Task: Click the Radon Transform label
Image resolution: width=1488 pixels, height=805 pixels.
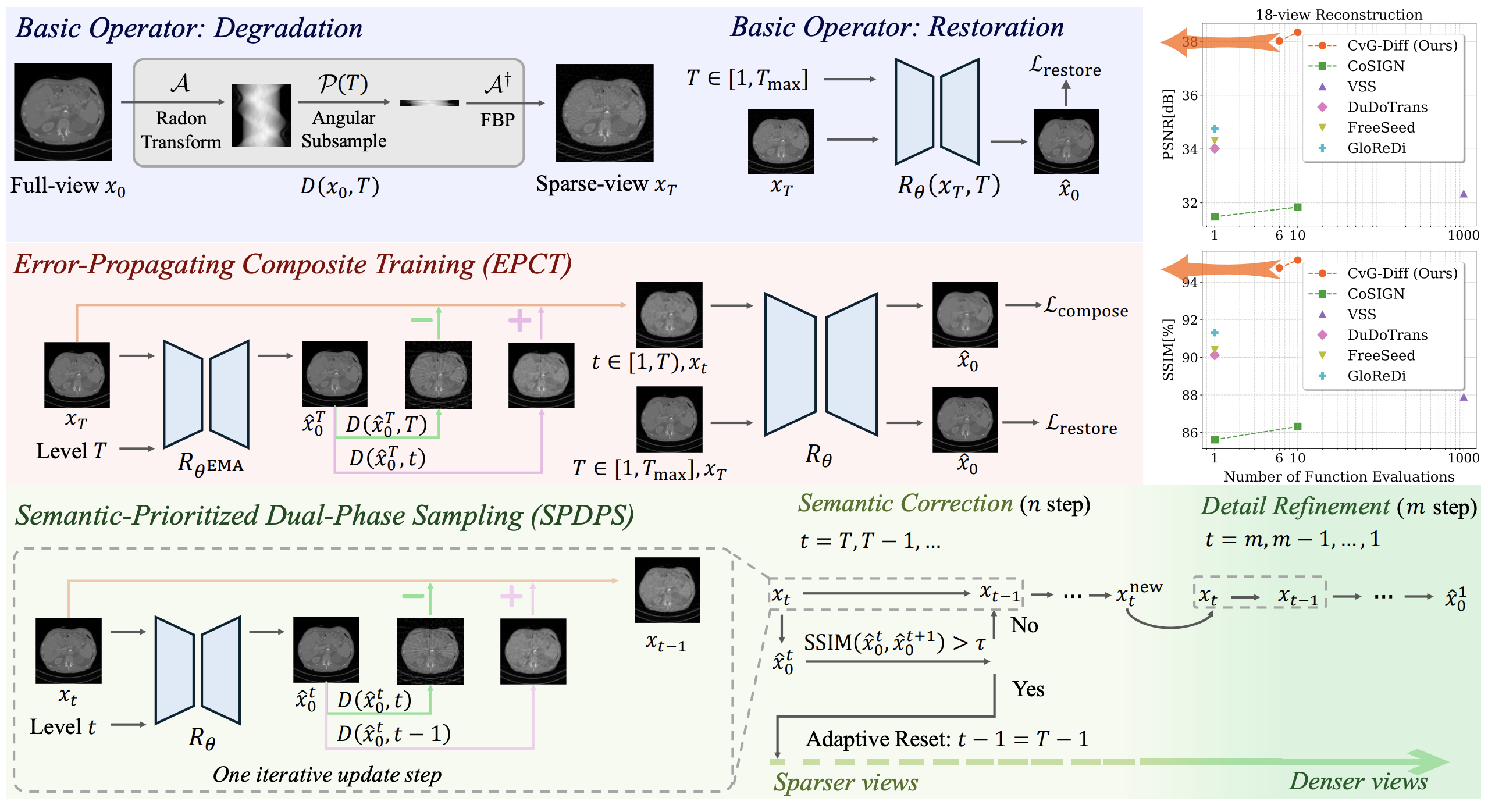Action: (x=181, y=130)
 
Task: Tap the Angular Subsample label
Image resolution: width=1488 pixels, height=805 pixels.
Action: (x=344, y=129)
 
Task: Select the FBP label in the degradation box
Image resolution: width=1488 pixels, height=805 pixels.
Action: (x=497, y=120)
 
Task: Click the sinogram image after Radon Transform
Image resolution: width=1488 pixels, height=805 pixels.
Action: (x=261, y=115)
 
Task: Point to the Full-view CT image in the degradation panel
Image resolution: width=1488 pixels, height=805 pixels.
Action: (x=63, y=112)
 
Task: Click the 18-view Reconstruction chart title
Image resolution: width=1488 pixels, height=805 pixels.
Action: (x=1339, y=15)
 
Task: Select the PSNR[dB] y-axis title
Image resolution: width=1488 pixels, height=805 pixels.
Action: (x=1168, y=124)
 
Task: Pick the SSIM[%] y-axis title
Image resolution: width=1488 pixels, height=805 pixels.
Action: (x=1168, y=350)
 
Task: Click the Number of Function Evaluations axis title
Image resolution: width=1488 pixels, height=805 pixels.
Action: (x=1339, y=477)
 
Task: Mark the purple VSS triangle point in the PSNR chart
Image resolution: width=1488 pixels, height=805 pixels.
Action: (x=1464, y=194)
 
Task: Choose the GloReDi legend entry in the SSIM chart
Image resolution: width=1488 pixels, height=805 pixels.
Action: (x=1376, y=376)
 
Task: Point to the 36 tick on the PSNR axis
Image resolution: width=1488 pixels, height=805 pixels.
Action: (x=1190, y=95)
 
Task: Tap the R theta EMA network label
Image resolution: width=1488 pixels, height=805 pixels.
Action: (x=210, y=464)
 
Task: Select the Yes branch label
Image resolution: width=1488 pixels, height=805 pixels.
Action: (x=1028, y=689)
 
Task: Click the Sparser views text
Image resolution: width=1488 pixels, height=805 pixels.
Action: (x=846, y=782)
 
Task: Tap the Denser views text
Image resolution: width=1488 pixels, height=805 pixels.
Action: (x=1358, y=781)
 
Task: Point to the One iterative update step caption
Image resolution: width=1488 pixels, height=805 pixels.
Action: (x=327, y=775)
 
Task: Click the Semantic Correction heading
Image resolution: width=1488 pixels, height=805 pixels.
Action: (x=905, y=504)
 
